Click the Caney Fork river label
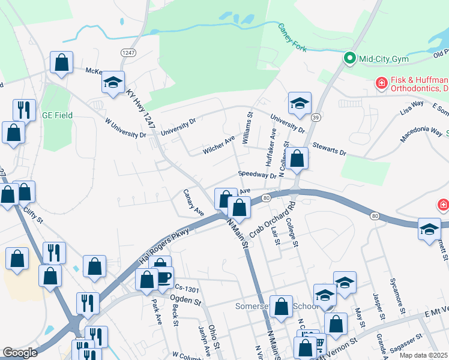tap(292, 37)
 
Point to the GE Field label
tap(57, 115)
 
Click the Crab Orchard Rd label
tap(274, 219)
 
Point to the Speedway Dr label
tap(257, 175)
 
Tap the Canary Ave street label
tap(194, 203)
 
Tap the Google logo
tap(20, 353)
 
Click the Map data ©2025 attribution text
tap(423, 355)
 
